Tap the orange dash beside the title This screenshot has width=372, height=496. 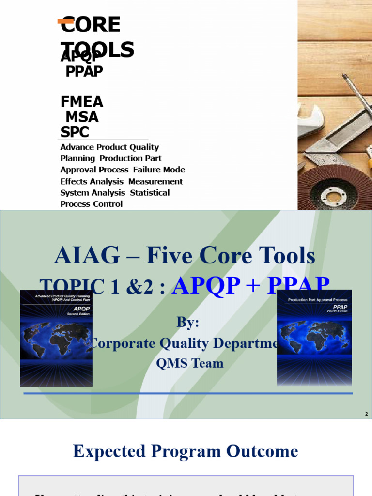click(65, 21)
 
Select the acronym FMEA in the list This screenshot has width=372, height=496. click(82, 102)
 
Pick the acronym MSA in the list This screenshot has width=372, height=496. click(82, 117)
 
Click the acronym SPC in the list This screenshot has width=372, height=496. click(75, 132)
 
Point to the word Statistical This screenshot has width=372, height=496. click(150, 192)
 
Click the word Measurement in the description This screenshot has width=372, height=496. click(155, 181)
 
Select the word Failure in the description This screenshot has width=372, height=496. click(147, 170)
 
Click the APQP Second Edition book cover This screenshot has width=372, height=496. click(56, 338)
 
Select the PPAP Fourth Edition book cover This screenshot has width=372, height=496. click(314, 338)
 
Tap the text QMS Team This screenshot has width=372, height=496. click(190, 363)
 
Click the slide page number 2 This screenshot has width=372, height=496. click(366, 414)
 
